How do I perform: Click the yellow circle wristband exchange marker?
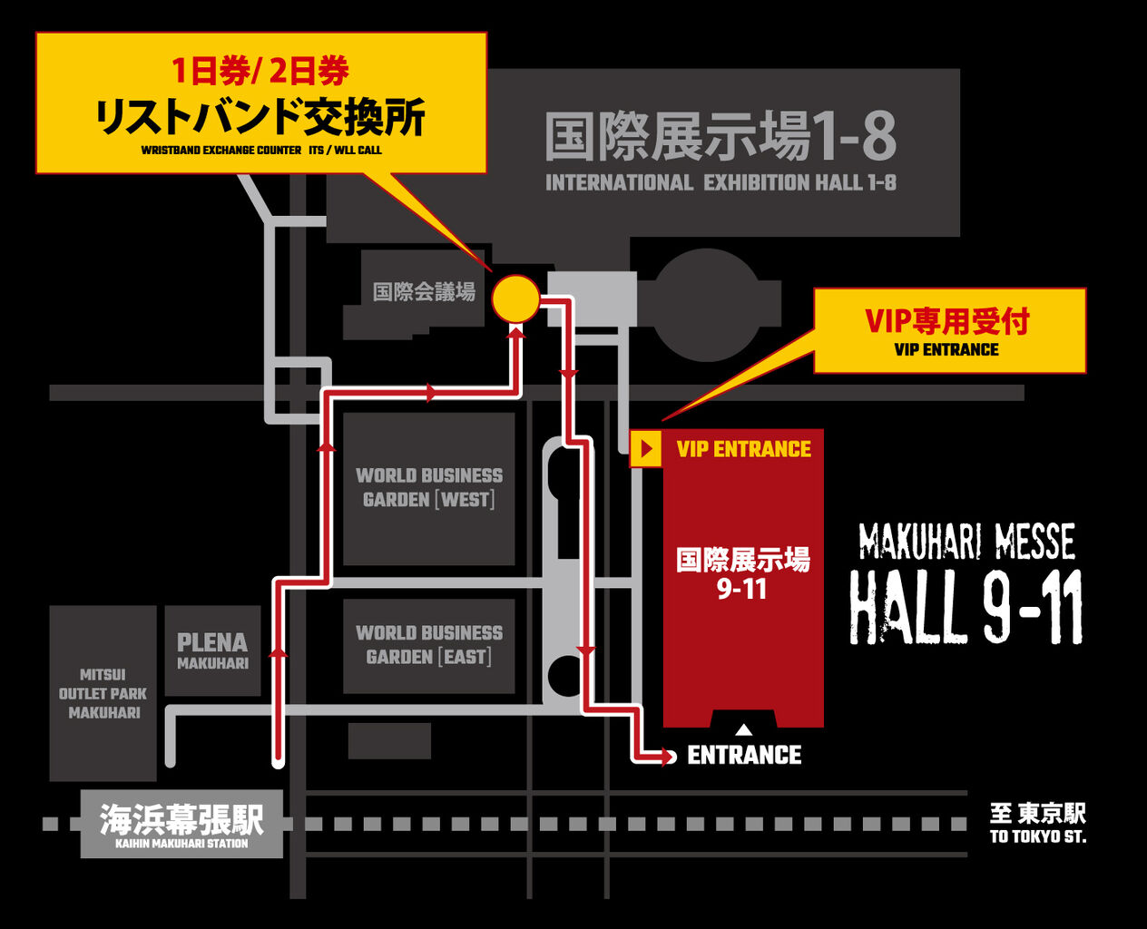pyautogui.click(x=515, y=298)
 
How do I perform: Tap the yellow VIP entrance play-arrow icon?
pyautogui.click(x=646, y=449)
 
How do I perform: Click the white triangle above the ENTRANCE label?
pyautogui.click(x=743, y=729)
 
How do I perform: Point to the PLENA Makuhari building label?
pyautogui.click(x=212, y=650)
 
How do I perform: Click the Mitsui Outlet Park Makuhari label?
pyautogui.click(x=103, y=694)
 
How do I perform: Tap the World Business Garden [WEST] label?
pyautogui.click(x=428, y=487)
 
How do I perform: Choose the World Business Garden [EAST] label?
pyautogui.click(x=428, y=644)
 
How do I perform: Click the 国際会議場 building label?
pyautogui.click(x=424, y=291)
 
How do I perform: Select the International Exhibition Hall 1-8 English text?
pyautogui.click(x=721, y=182)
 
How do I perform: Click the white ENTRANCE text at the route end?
pyautogui.click(x=744, y=755)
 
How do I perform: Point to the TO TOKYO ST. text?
pyautogui.click(x=1037, y=836)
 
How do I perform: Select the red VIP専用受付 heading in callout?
pyautogui.click(x=946, y=321)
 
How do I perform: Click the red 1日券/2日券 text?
pyautogui.click(x=260, y=71)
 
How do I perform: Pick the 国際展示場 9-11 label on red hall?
pyautogui.click(x=742, y=573)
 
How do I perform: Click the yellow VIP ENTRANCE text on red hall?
pyautogui.click(x=743, y=449)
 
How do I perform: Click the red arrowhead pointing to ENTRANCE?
pyautogui.click(x=670, y=756)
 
